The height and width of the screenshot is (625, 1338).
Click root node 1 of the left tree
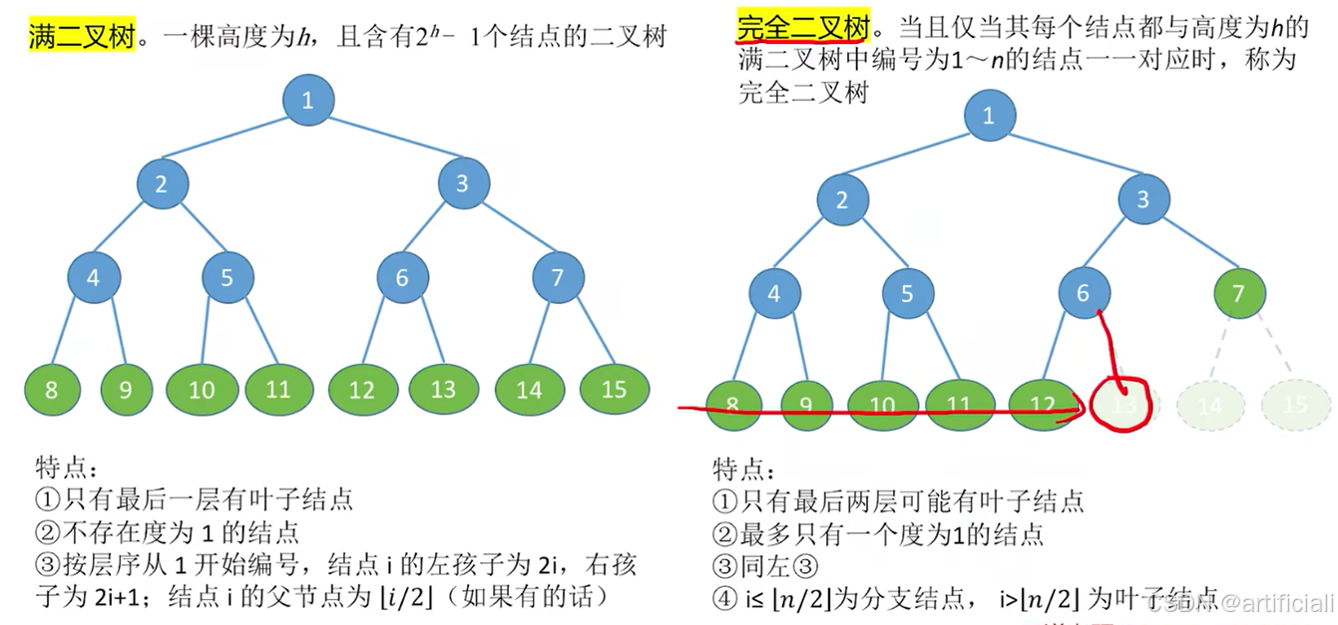click(308, 100)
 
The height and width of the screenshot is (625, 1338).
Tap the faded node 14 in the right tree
click(1209, 406)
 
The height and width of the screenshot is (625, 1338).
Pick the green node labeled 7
click(1240, 294)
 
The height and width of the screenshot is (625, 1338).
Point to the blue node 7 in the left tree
click(558, 277)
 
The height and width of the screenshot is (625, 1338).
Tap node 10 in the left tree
click(203, 389)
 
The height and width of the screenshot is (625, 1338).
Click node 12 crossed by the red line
click(1042, 405)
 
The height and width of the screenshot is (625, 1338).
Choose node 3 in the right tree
click(1143, 199)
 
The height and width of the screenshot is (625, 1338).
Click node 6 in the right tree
click(1085, 294)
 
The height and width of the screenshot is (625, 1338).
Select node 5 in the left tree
click(227, 277)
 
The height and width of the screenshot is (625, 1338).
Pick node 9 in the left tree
click(126, 389)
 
